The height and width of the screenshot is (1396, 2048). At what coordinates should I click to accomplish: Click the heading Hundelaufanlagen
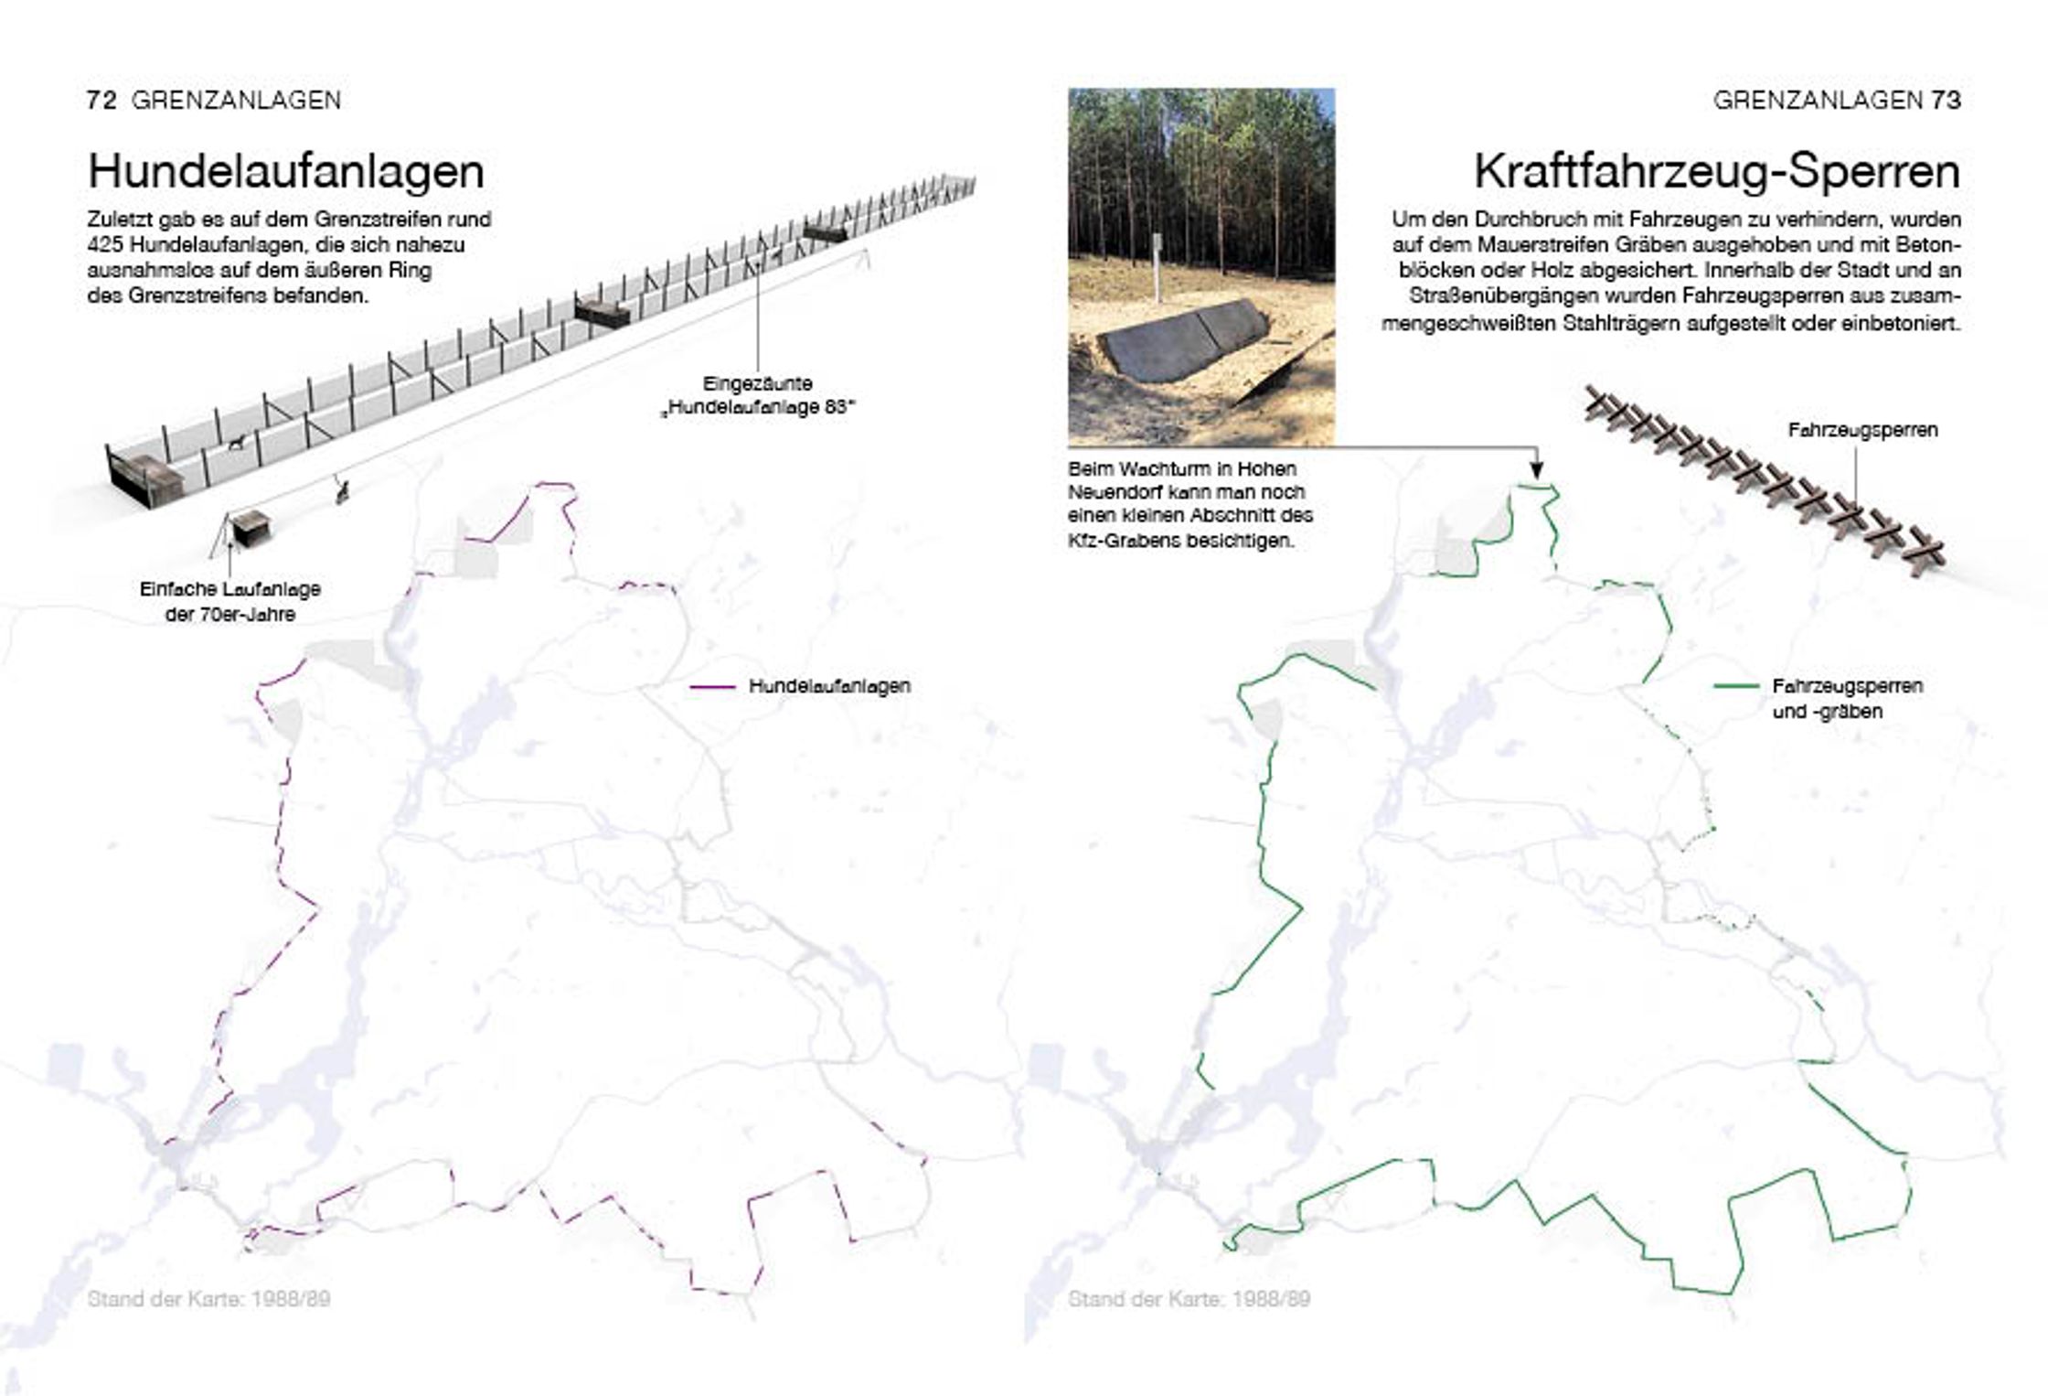285,172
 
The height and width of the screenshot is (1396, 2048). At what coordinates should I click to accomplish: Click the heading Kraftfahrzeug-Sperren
1717,172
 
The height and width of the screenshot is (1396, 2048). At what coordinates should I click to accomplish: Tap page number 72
101,100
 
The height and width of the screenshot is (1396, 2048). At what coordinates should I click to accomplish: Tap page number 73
1946,100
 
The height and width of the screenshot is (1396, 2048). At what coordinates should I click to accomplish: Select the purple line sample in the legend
712,686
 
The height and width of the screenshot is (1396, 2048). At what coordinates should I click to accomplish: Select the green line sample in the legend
1735,686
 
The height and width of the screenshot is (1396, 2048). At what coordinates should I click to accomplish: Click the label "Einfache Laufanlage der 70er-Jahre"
230,602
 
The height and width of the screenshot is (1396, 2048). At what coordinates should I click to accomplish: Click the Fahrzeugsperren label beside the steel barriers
1862,430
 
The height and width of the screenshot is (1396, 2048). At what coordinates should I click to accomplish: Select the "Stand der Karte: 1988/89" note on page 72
209,1299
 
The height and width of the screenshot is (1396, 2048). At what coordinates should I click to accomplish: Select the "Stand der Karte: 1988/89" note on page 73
1189,1299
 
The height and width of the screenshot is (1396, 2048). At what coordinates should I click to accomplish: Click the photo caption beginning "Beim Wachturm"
1190,504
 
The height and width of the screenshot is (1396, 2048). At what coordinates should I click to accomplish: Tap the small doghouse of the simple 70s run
249,528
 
